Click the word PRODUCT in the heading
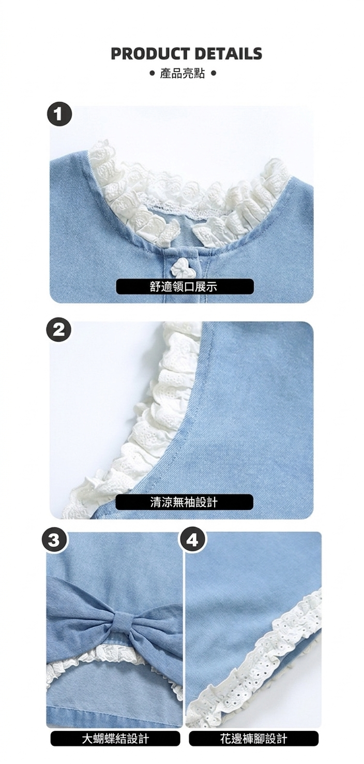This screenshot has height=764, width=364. point(148,54)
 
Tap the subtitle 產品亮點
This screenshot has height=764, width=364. point(183,73)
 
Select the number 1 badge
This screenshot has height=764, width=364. point(59,114)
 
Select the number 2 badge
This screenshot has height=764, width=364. point(59,330)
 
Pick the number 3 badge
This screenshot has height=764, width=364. point(54,541)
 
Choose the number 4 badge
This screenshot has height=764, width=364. point(192,541)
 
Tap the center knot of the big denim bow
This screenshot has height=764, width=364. point(124,620)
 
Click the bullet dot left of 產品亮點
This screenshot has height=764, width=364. point(153,73)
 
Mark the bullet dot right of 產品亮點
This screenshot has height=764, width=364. point(213,73)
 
